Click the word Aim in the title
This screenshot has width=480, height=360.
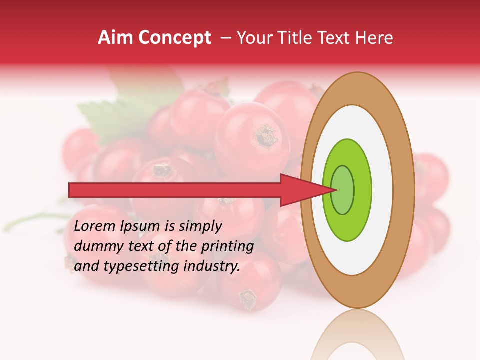[x=115, y=38]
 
